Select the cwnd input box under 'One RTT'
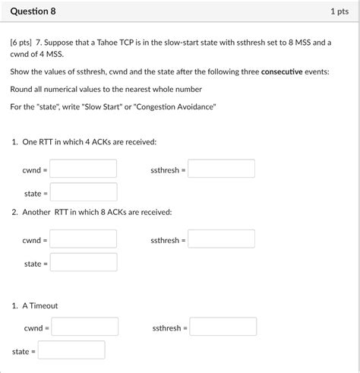84,169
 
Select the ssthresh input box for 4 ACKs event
221,169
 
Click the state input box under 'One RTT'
84,192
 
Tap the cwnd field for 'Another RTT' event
84,239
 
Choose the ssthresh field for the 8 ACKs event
221,239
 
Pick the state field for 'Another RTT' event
84,263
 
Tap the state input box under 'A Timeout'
71,350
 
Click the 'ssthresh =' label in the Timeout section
168,327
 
